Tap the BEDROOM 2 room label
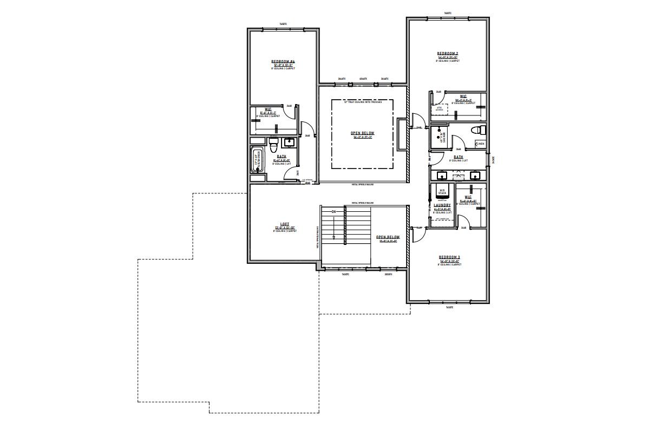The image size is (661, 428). [448, 54]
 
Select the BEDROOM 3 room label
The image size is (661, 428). [449, 257]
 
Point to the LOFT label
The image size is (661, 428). [284, 224]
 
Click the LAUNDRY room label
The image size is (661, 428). [442, 205]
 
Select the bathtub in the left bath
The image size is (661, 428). [258, 160]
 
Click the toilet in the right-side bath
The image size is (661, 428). [477, 130]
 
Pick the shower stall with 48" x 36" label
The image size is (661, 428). [438, 137]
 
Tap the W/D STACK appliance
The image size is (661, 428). [442, 192]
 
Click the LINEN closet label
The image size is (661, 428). [480, 144]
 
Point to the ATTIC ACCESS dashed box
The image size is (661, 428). [439, 108]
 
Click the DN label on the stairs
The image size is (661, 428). [334, 211]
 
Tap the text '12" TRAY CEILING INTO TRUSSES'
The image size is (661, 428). [363, 102]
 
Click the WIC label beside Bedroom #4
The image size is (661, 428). [268, 109]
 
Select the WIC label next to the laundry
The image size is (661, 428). [468, 197]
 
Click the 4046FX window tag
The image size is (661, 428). [363, 79]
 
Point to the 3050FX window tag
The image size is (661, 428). [388, 274]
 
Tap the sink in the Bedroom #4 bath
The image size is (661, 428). [290, 142]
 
